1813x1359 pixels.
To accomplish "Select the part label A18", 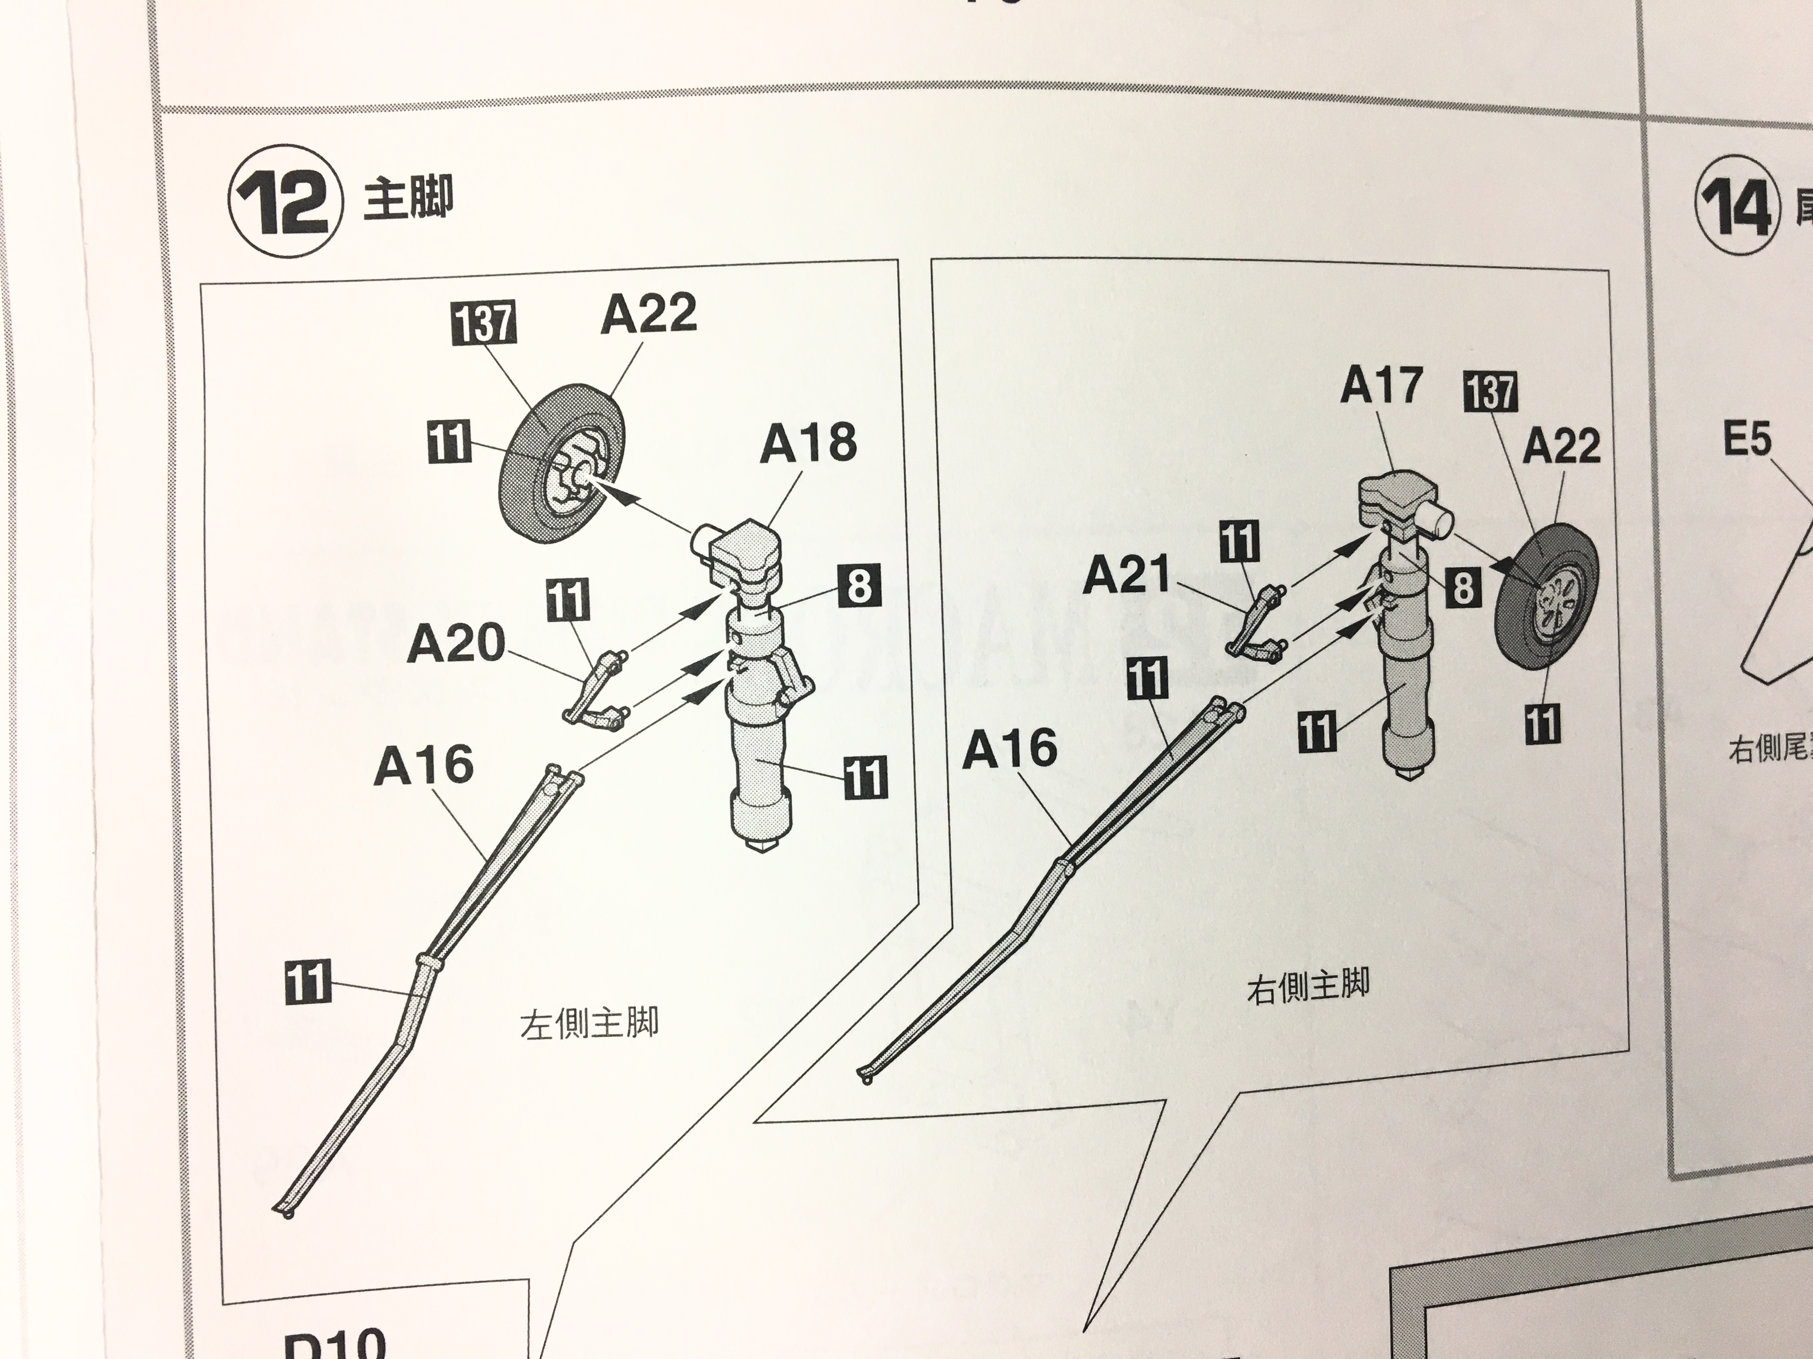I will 808,443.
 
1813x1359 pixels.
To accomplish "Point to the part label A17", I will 1381,385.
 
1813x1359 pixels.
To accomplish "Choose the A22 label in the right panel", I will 1561,446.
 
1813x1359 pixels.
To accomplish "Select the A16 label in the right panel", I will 1010,749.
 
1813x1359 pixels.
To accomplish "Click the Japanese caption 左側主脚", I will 589,1024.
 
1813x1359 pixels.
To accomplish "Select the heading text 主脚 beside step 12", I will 407,199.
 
